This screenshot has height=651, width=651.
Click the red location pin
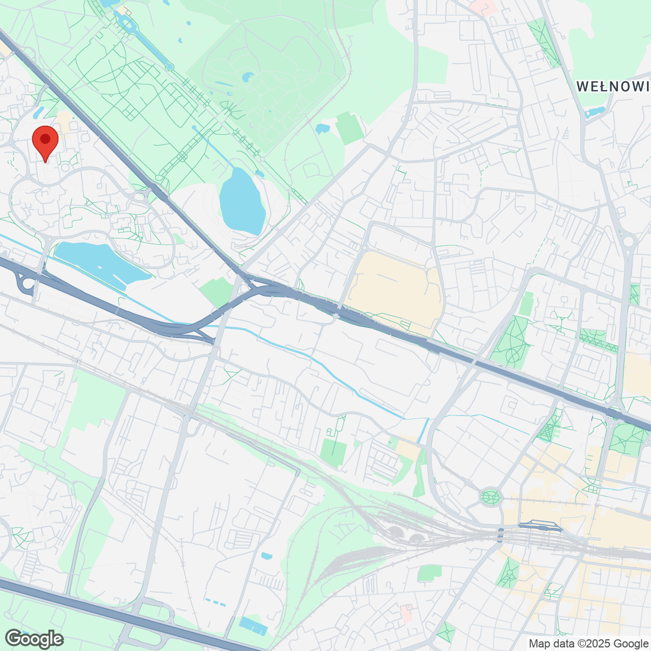pos(45,140)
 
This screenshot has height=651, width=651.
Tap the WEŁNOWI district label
pos(613,86)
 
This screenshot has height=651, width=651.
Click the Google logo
pos(34,639)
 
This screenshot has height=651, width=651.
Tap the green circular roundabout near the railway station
pos(490,496)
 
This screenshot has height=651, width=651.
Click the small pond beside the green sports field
pos(322,129)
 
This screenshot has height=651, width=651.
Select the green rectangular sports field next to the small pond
pos(350,128)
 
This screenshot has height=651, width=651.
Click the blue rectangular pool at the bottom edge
pos(253,625)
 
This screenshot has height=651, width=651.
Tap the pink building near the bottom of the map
pos(406,613)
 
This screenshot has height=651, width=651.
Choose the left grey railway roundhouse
pos(395,533)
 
